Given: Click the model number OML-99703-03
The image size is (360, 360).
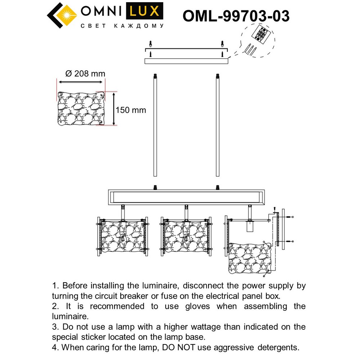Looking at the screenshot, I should point(236,16).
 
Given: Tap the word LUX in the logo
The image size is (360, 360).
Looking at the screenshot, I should point(143,12).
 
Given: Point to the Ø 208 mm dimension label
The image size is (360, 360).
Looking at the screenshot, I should point(85,74).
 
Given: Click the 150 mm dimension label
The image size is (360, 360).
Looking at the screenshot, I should point(131,110).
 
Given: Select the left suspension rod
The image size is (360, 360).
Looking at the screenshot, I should point(155,126).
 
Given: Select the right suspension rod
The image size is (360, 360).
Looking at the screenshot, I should point(217,126).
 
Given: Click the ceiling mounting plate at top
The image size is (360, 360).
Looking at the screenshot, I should point(186,61).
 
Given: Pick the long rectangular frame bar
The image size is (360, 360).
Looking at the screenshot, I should point(186,197).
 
